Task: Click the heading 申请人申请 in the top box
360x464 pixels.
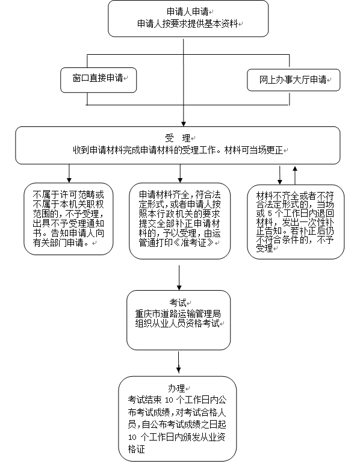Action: [x=187, y=11]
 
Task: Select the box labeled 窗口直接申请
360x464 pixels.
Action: [x=98, y=80]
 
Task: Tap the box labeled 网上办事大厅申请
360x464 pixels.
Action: [x=293, y=80]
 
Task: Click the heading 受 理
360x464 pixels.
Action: [x=178, y=138]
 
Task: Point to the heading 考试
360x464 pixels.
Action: [x=178, y=303]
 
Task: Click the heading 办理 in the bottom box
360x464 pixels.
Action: [x=176, y=388]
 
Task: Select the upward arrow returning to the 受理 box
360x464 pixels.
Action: [x=295, y=175]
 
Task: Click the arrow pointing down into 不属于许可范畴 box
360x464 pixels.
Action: [x=69, y=173]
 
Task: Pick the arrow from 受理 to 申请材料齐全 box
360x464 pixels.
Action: [x=180, y=173]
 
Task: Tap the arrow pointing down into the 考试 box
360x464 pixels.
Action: [x=179, y=277]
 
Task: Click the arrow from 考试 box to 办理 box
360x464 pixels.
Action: [x=178, y=362]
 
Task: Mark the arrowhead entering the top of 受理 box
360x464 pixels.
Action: [x=184, y=124]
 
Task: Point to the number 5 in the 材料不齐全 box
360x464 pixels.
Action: [x=270, y=214]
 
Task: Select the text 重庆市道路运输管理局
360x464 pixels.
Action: [x=178, y=314]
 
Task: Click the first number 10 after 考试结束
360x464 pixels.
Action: [x=169, y=400]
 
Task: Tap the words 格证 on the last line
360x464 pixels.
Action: [x=136, y=450]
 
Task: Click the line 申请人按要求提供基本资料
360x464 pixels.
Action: [x=187, y=23]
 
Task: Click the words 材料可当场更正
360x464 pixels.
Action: [x=253, y=150]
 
